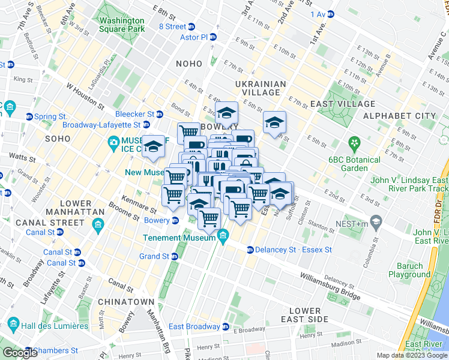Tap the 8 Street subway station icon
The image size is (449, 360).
pos(191,26)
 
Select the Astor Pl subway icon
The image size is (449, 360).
pos(212,37)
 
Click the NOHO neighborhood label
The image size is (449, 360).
pos(190,63)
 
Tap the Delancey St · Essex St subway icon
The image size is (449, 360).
pos(250,249)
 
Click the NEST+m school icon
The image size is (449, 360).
pos(376,222)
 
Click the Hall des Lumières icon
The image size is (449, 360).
pos(10,326)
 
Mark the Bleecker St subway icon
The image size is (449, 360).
pos(160,114)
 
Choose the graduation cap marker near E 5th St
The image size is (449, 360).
pos(275,122)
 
